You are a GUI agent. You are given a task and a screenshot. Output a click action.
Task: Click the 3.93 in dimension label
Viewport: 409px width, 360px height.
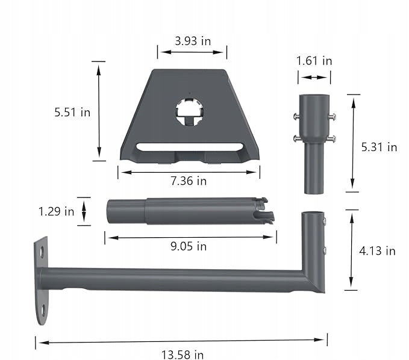click(x=193, y=41)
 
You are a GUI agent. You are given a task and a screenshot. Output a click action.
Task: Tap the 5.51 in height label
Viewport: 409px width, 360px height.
click(x=72, y=112)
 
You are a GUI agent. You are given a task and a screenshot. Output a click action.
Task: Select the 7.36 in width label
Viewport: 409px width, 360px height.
click(x=189, y=181)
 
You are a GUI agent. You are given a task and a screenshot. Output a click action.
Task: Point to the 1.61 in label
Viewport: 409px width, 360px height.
click(x=314, y=61)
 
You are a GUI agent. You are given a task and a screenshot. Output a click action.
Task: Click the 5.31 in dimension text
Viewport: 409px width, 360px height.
click(x=379, y=147)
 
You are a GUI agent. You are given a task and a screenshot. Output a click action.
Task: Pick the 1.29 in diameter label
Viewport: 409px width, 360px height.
click(x=57, y=211)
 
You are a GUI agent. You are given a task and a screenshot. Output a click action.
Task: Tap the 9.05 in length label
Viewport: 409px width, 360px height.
click(x=189, y=246)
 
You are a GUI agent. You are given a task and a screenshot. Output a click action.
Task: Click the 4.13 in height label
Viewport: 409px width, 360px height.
click(x=377, y=251)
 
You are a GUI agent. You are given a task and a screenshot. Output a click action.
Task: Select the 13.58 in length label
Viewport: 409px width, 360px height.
click(x=183, y=355)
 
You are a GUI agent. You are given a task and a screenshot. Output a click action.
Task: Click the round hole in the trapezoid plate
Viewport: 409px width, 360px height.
click(x=190, y=113)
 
